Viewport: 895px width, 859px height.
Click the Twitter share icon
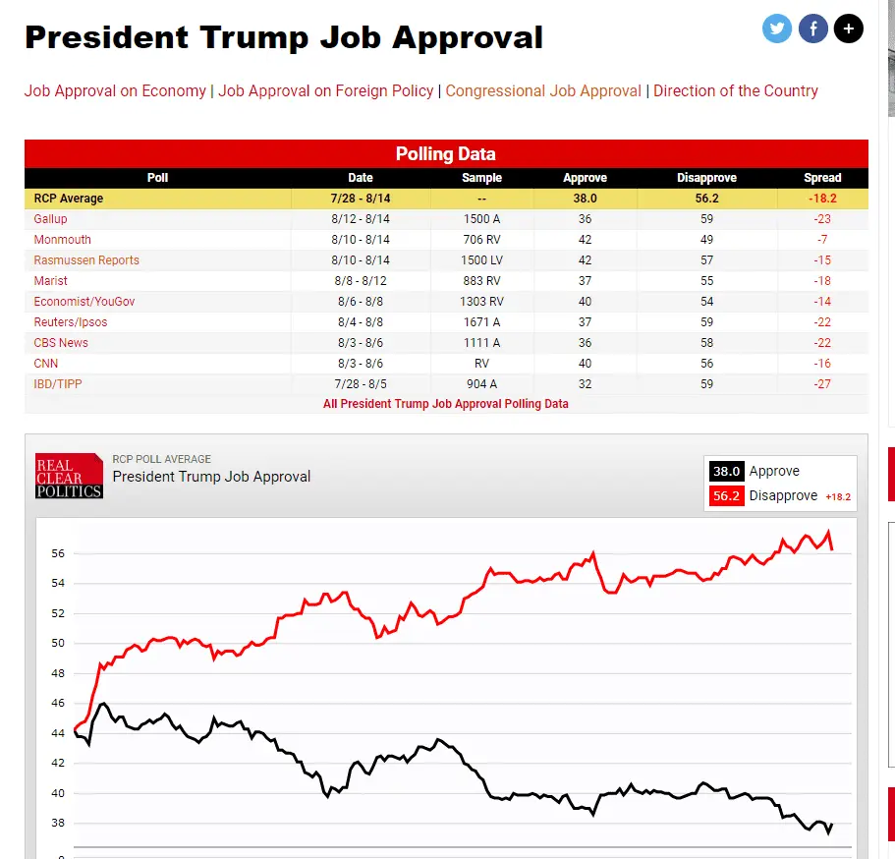[x=777, y=29]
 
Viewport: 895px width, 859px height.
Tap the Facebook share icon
[x=813, y=29]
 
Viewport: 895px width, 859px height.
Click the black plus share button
[x=849, y=29]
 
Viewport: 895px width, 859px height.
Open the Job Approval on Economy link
[x=115, y=90]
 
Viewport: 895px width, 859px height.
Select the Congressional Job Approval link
[x=543, y=90]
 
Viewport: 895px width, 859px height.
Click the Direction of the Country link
[x=736, y=90]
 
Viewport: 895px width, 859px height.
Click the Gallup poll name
[x=50, y=219]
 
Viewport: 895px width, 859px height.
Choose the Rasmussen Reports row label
[x=86, y=260]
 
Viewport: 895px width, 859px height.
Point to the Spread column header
[x=822, y=178]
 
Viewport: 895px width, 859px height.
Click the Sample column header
[x=481, y=178]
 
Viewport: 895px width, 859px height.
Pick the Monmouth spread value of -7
[x=822, y=240]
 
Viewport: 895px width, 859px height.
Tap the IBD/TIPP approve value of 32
[x=585, y=384]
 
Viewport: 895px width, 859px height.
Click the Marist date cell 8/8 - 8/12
[x=361, y=281]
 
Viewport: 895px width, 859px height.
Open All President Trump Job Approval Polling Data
[x=446, y=404]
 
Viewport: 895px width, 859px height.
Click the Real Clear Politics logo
[x=69, y=476]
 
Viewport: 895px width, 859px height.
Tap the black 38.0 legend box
[x=727, y=472]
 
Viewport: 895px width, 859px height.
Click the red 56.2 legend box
[x=727, y=496]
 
